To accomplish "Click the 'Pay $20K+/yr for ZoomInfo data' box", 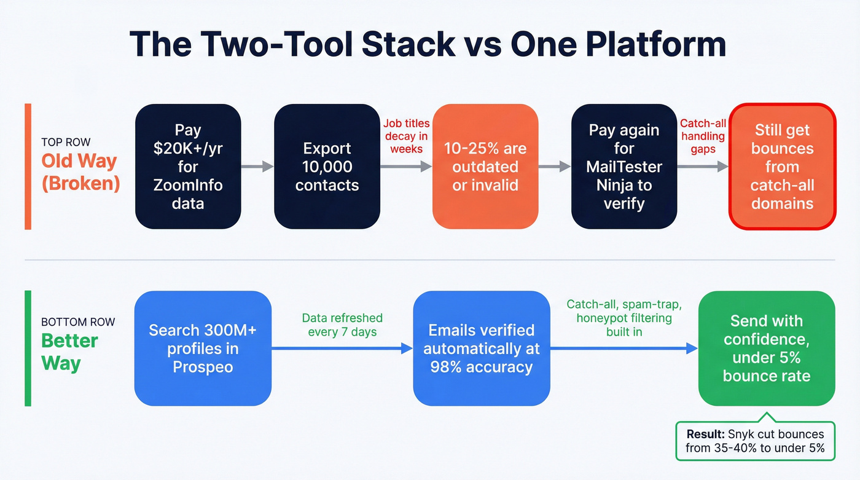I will [x=187, y=167].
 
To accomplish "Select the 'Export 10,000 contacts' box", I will [x=327, y=167].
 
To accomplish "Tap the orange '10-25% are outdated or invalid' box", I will [x=485, y=167].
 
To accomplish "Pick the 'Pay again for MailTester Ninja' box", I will [x=623, y=167].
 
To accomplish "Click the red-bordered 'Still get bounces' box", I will [x=782, y=167].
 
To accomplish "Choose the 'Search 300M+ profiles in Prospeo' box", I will [x=203, y=348].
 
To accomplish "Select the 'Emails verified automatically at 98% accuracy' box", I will [x=481, y=348].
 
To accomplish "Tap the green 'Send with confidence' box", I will [x=766, y=348].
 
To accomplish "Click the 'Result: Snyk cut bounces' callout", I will [x=755, y=441].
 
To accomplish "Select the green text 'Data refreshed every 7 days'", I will [x=342, y=325].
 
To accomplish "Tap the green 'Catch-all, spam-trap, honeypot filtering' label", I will [x=623, y=318].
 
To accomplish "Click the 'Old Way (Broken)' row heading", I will [x=80, y=172].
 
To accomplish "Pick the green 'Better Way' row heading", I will [x=69, y=352].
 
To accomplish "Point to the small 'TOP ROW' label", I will [x=66, y=143].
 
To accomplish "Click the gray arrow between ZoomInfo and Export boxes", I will [x=257, y=166].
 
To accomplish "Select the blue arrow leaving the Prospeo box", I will [x=342, y=348].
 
